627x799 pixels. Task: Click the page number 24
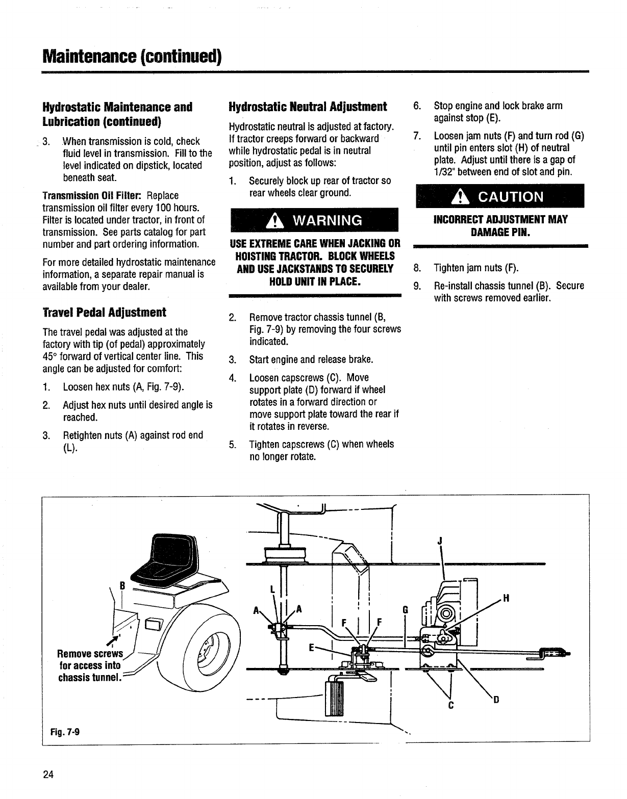click(x=48, y=775)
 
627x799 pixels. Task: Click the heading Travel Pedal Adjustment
click(x=104, y=312)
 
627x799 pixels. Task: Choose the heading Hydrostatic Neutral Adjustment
click(x=308, y=107)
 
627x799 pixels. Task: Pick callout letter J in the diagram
click(x=439, y=542)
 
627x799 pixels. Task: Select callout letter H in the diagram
click(x=506, y=599)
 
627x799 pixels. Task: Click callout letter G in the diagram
click(x=406, y=609)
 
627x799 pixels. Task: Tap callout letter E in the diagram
click(x=311, y=648)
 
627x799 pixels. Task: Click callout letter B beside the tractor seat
click(x=122, y=585)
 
